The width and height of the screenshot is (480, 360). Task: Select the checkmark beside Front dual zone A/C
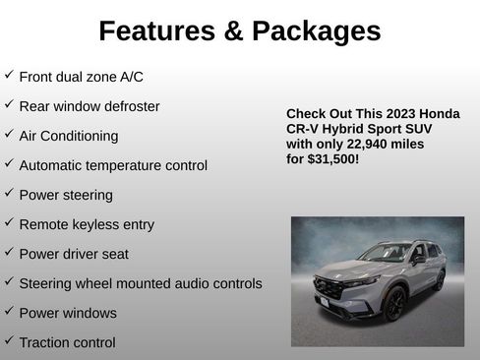9,75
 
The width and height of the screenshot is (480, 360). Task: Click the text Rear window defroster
90,106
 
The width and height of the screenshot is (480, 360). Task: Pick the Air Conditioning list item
69,136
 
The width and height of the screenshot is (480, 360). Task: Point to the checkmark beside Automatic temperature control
9,163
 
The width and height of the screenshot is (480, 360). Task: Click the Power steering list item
66,195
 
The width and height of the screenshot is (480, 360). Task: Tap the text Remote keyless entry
87,224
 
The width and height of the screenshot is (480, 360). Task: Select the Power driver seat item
74,254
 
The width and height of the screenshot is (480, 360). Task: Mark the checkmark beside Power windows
9,311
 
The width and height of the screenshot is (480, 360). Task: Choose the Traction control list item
67,342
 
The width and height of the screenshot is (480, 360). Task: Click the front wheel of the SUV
395,304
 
